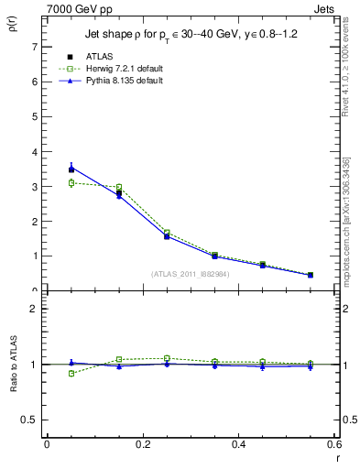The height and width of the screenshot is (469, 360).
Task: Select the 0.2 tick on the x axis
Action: coord(143,444)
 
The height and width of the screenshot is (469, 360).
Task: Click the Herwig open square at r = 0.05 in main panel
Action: coord(71,183)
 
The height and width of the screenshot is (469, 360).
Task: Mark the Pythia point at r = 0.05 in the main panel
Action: coord(71,167)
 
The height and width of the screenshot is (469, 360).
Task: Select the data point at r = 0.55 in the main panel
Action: coord(311,275)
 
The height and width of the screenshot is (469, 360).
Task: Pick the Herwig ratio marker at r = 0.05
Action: coord(71,373)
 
